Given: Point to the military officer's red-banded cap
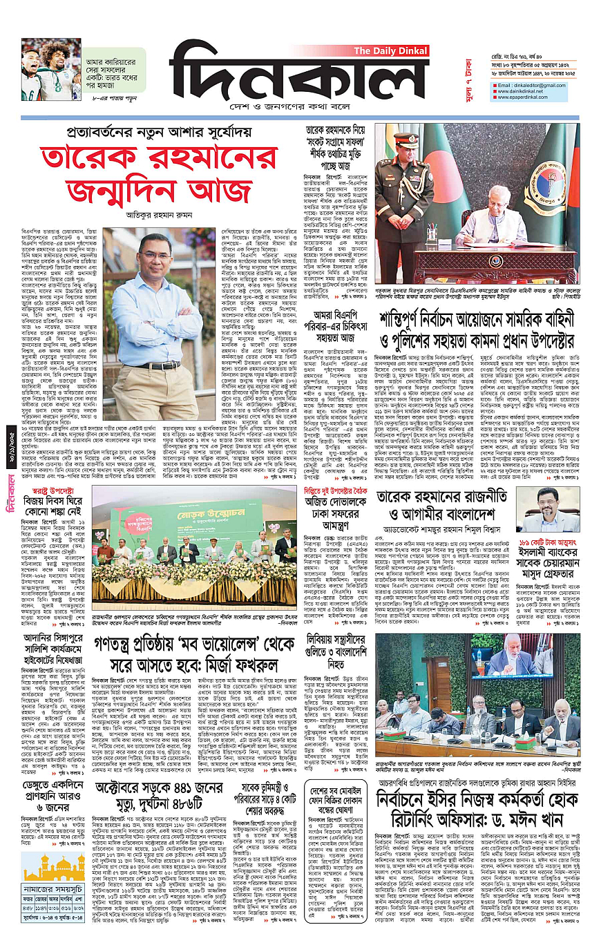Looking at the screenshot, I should tap(407, 138).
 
